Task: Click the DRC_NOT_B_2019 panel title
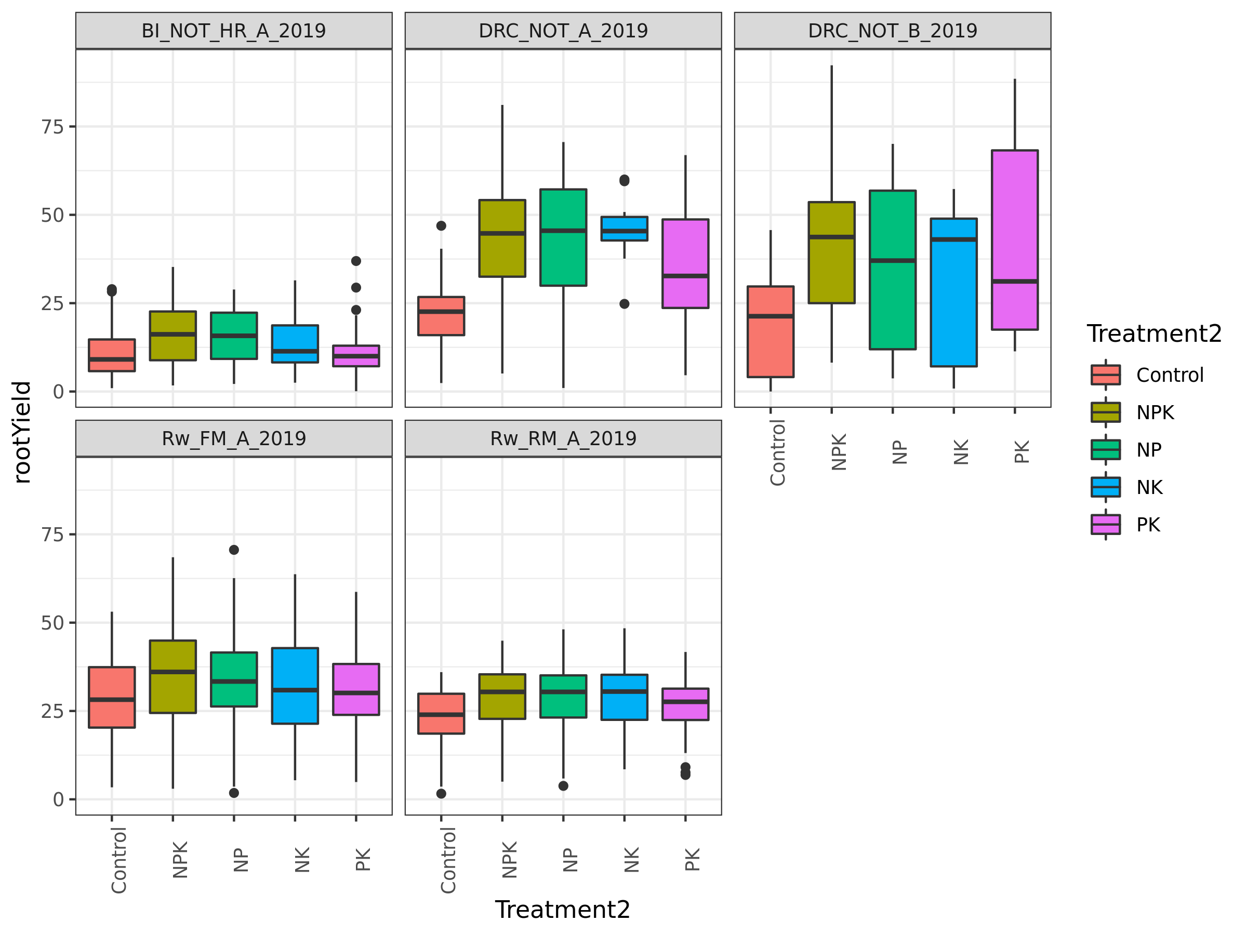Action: point(893,31)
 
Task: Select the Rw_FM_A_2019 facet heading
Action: point(233,438)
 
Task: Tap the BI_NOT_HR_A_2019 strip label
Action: point(233,31)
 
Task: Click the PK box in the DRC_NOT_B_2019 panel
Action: point(1015,239)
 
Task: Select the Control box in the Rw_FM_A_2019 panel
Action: point(112,697)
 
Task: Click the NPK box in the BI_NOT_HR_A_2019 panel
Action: point(173,336)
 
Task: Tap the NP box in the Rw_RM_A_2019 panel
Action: point(563,696)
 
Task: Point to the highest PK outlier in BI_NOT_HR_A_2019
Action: point(356,261)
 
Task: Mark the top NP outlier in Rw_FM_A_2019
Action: point(234,550)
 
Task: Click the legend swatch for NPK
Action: point(1106,412)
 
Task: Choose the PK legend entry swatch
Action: point(1106,524)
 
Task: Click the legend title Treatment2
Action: point(1153,333)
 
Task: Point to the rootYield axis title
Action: point(22,432)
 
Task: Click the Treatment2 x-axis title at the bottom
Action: point(562,910)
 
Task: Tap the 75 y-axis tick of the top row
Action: point(52,127)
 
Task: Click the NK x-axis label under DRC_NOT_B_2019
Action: point(961,451)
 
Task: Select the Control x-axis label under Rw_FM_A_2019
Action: point(118,860)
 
